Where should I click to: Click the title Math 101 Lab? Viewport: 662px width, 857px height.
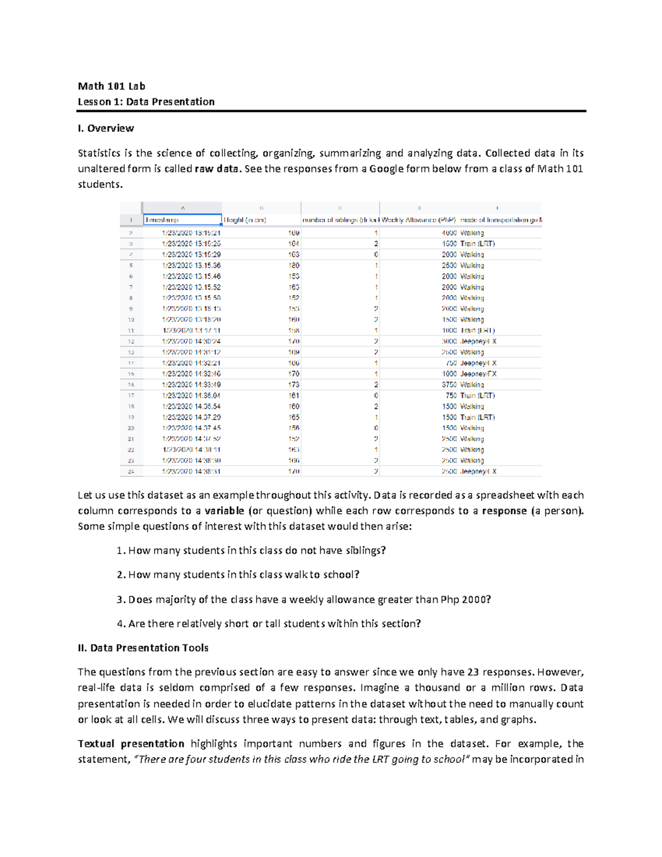(x=111, y=86)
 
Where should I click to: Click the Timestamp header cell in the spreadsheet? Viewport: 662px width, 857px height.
(x=162, y=220)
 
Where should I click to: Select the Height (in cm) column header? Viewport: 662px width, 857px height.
(x=245, y=220)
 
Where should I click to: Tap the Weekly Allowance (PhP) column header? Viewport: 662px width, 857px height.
(x=419, y=220)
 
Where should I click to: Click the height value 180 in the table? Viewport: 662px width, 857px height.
(x=293, y=265)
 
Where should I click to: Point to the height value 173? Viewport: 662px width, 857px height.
(x=293, y=385)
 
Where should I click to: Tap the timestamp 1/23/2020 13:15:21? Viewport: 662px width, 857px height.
(x=191, y=233)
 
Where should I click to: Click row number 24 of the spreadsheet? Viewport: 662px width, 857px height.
(x=131, y=472)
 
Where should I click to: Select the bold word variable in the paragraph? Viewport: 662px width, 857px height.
(x=224, y=511)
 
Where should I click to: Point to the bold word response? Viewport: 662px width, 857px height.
(x=504, y=511)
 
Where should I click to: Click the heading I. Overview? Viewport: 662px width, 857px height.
(x=106, y=129)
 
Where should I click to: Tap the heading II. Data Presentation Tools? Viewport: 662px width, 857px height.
(x=143, y=648)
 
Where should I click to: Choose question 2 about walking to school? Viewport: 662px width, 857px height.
(x=243, y=575)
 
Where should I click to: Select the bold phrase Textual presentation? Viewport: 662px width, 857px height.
(x=131, y=744)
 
